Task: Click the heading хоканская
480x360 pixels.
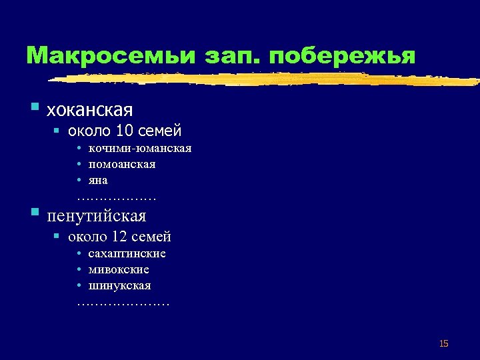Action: tap(89, 109)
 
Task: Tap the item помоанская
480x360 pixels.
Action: tap(122, 164)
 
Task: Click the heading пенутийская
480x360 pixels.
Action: tap(96, 215)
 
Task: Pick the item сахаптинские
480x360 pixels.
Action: tap(127, 253)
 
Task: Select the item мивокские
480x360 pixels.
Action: tap(119, 269)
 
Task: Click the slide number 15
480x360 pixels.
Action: tap(444, 343)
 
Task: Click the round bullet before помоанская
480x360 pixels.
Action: tap(79, 164)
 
